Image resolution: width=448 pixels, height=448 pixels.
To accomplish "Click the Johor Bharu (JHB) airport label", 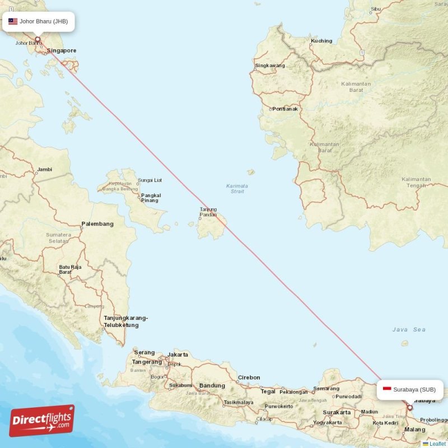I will click(44, 22).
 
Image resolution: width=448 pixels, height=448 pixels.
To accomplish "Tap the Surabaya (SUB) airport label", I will click(414, 389).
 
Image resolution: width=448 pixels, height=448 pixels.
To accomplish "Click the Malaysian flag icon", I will click(12, 22).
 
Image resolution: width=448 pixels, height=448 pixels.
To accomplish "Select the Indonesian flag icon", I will click(386, 389).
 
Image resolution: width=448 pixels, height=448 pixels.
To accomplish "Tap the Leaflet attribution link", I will click(437, 444).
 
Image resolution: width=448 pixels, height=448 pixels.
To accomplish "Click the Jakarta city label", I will click(178, 354).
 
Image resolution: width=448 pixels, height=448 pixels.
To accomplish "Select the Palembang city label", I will click(97, 224).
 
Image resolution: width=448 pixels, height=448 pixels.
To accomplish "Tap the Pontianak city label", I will click(285, 109).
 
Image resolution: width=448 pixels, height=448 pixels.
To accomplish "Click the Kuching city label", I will click(321, 41).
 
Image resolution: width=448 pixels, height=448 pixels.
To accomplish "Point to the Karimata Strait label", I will click(237, 189).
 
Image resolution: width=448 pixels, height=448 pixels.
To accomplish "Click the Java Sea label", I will click(409, 330).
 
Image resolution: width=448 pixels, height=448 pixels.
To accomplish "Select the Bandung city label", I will click(212, 385).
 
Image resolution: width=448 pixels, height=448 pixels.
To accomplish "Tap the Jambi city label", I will click(44, 169).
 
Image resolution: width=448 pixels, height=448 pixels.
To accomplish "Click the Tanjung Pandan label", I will click(208, 212).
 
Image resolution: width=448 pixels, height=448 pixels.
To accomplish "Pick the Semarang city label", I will click(326, 388).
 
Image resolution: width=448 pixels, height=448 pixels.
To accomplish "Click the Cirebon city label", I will click(250, 377).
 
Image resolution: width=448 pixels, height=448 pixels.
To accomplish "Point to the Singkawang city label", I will click(270, 66).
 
